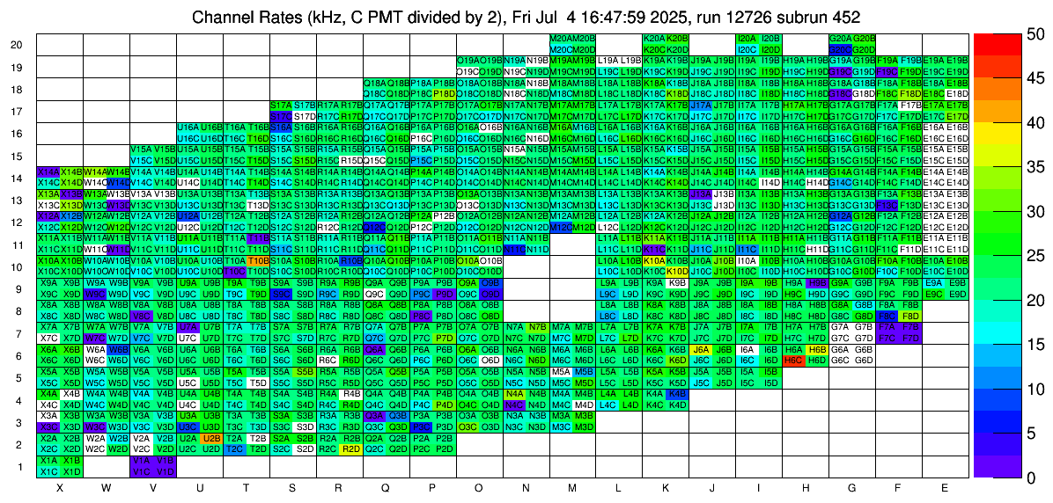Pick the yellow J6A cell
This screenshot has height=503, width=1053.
[x=701, y=349]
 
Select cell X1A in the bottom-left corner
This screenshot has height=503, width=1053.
[x=48, y=460]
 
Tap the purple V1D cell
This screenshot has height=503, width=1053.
[x=165, y=471]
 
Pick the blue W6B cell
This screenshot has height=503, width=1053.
[x=118, y=349]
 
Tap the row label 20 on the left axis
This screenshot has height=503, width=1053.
[x=17, y=45]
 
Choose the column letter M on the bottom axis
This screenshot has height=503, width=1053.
[x=572, y=487]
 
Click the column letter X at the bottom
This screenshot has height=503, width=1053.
[x=60, y=487]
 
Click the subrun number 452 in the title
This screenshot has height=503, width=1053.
[x=843, y=17]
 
